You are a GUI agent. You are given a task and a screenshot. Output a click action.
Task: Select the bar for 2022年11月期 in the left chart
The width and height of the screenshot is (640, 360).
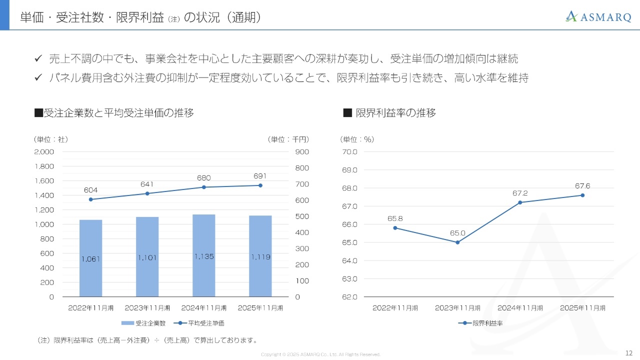pyautogui.click(x=90, y=258)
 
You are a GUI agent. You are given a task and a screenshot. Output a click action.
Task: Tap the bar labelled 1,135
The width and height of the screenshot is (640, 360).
pyautogui.click(x=203, y=255)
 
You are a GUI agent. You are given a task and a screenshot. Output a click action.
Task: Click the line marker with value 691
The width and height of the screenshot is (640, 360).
pyautogui.click(x=260, y=185)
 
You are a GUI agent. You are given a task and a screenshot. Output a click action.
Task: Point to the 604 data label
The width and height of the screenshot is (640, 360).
pyautogui.click(x=90, y=190)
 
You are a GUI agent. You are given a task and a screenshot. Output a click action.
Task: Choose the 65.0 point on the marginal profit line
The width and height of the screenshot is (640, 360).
pyautogui.click(x=457, y=242)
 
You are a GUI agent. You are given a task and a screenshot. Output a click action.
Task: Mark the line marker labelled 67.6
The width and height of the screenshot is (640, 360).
pyautogui.click(x=582, y=195)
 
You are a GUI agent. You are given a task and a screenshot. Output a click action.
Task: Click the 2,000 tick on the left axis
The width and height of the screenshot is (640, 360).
pyautogui.click(x=44, y=151)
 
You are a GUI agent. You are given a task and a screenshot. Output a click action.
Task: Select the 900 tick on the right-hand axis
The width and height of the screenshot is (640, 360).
pyautogui.click(x=302, y=151)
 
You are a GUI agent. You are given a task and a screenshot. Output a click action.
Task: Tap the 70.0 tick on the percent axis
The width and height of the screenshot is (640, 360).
pyautogui.click(x=349, y=151)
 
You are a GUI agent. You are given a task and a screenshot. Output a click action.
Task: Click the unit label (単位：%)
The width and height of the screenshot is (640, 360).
pyautogui.click(x=357, y=139)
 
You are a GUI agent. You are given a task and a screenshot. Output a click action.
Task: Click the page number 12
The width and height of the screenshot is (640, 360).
pyautogui.click(x=629, y=352)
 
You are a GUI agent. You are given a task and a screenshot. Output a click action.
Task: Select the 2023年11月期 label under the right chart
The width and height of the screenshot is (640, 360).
pyautogui.click(x=457, y=308)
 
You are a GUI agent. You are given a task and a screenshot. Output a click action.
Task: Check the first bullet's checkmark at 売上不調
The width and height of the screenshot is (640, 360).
pyautogui.click(x=37, y=59)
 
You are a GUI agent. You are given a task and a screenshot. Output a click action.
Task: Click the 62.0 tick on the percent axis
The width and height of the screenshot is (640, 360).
pyautogui.click(x=349, y=297)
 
